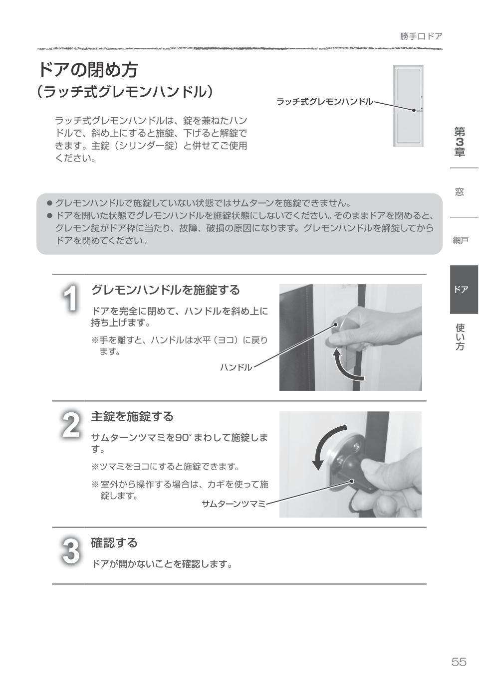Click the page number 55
coord(459,662)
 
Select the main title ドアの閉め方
coord(88,70)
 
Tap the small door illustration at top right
coord(408,106)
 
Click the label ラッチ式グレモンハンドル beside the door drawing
coord(324,102)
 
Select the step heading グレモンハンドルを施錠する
coord(165,290)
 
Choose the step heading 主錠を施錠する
coord(132,416)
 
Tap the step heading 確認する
coord(114,542)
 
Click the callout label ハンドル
coord(236,367)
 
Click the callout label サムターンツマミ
coord(234,504)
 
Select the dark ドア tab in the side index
coord(464,290)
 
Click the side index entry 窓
coord(459,192)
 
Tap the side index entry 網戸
coord(460,241)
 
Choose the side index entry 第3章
coord(459,142)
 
